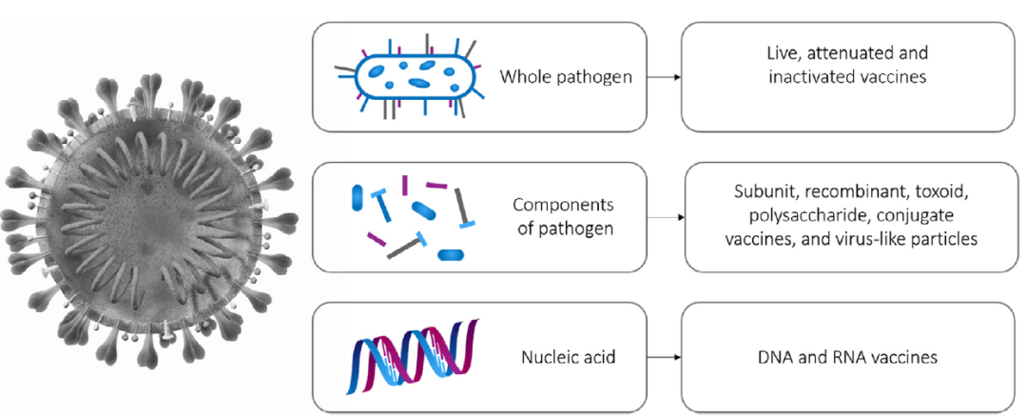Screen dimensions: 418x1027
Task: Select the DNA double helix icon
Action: click(415, 357)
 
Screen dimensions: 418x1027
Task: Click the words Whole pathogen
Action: click(567, 76)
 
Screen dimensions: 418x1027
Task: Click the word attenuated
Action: click(851, 53)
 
